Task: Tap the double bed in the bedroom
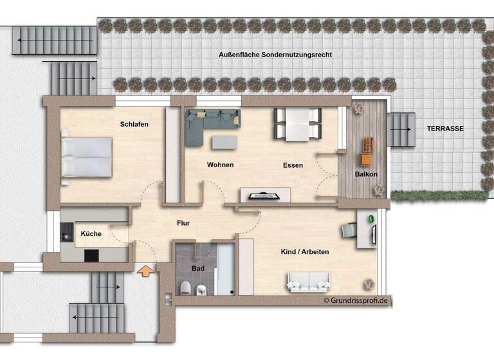coord(86,157)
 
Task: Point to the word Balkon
coord(366,174)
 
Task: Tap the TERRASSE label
coord(444,129)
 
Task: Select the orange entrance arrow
coord(147,271)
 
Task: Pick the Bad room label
coord(197,268)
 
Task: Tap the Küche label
coord(91,234)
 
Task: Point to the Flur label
coord(183,223)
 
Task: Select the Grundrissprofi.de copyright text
coord(357,300)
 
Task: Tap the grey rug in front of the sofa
coord(224,141)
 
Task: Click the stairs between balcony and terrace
coord(401,129)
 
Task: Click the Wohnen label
coord(220,165)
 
